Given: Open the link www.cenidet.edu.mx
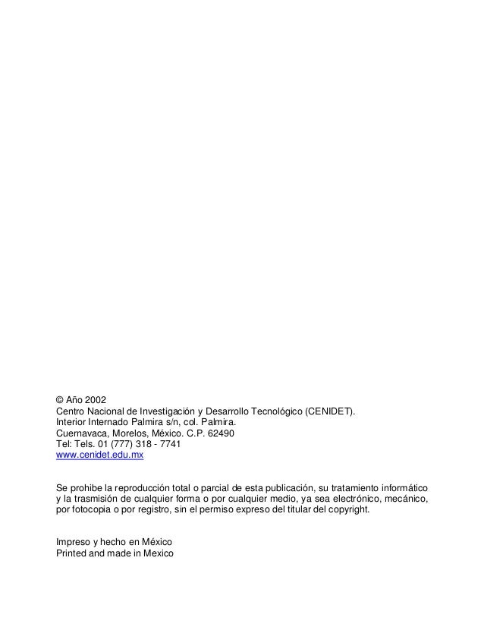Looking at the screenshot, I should [x=100, y=456].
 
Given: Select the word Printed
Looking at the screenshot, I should [x=74, y=554].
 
